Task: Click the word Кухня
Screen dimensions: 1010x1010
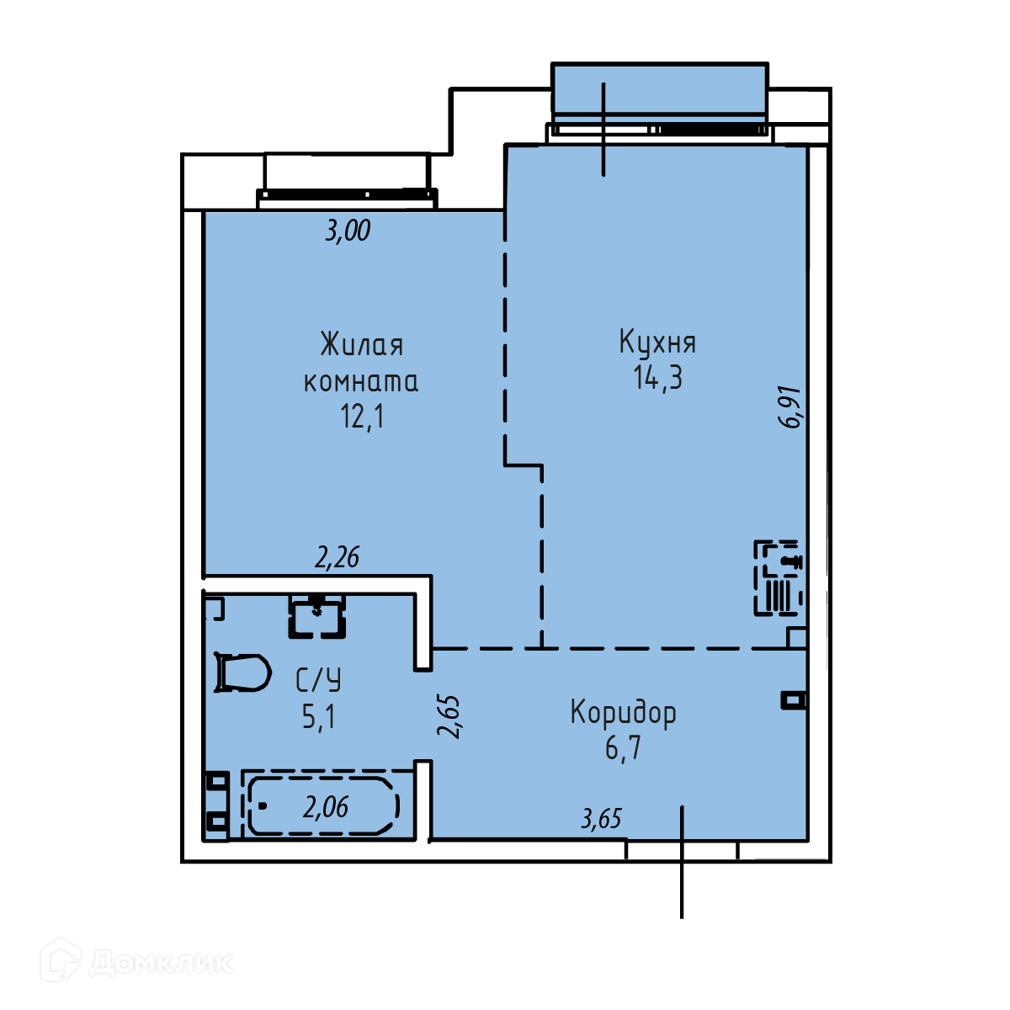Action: pos(657,343)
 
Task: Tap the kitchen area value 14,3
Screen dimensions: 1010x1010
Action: pos(657,377)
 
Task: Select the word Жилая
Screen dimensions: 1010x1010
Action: pos(362,344)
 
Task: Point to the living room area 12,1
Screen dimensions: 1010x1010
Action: pos(362,416)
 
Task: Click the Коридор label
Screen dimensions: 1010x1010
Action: pos(623,713)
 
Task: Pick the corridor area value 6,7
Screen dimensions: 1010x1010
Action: pos(623,748)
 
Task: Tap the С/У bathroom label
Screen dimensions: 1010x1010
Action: pos(318,680)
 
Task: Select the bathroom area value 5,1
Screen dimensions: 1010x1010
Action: pos(318,716)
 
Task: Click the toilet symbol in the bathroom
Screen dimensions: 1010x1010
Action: pos(242,672)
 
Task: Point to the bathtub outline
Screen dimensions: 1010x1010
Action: pos(323,806)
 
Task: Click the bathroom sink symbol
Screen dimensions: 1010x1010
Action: pos(316,616)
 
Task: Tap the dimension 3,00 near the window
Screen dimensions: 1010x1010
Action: pos(348,231)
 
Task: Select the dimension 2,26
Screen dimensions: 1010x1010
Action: pos(337,557)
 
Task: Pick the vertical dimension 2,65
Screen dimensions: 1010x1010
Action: pos(449,717)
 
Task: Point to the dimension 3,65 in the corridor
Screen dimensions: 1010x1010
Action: pos(601,819)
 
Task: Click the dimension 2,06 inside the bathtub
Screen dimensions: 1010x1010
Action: pos(326,807)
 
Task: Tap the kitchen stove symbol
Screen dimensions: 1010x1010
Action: pos(779,577)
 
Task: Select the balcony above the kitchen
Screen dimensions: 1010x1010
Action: pos(660,89)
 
